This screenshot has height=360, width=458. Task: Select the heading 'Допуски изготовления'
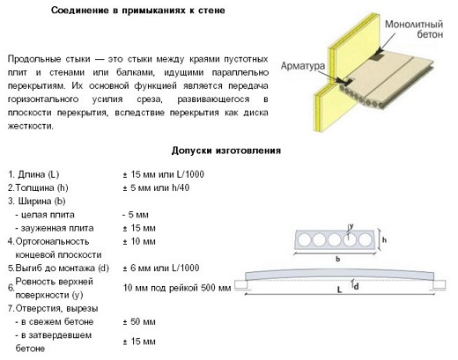pyautogui.click(x=227, y=151)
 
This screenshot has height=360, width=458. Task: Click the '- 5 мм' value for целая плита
pyautogui.click(x=137, y=214)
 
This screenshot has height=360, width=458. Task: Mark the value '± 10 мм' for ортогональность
pyautogui.click(x=140, y=240)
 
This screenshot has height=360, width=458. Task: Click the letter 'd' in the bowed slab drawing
pyautogui.click(x=356, y=285)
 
